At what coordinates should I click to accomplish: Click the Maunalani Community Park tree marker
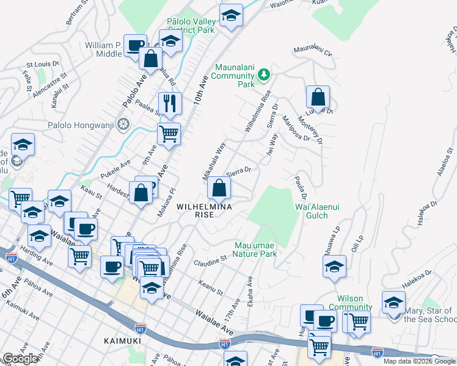(x=264, y=74)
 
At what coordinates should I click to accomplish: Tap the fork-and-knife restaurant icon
(x=170, y=102)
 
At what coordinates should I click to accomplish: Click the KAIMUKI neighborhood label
(x=122, y=340)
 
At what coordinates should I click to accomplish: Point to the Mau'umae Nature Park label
(x=255, y=249)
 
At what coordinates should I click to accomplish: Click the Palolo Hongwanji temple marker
(x=124, y=125)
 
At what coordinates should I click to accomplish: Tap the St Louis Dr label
(x=42, y=63)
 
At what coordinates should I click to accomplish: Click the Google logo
(x=20, y=359)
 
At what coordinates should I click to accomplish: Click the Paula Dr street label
(x=300, y=188)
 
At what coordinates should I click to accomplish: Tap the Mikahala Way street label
(x=214, y=161)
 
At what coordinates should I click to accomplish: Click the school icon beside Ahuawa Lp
(x=334, y=267)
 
